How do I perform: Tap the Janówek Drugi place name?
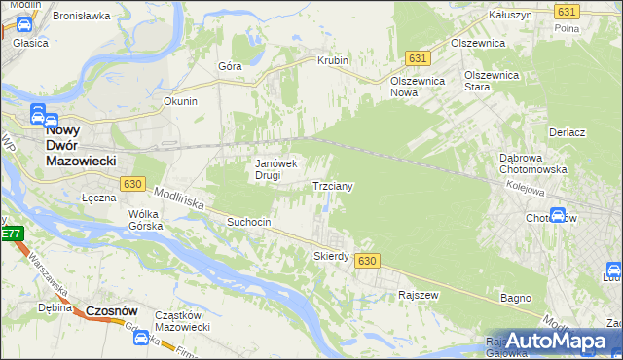(281, 170)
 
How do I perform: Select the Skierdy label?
(331, 256)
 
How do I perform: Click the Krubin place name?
(332, 60)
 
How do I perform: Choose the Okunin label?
(181, 101)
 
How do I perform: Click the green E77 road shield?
(10, 234)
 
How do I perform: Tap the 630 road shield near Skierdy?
(367, 261)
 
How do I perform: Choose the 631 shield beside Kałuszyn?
(567, 11)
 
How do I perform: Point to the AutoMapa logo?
(556, 340)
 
